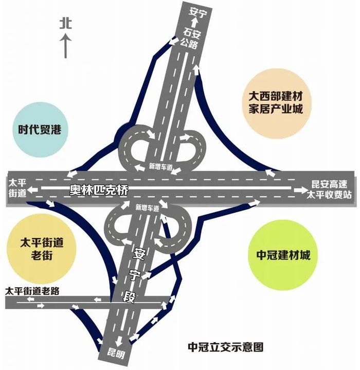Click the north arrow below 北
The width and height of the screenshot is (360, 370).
(65, 46)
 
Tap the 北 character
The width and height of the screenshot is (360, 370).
(65, 23)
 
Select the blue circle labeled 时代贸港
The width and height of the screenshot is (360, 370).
(39, 130)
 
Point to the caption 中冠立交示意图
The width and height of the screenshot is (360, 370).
(226, 347)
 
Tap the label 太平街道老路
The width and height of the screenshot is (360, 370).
(32, 291)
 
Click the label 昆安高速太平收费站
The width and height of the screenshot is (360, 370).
(329, 190)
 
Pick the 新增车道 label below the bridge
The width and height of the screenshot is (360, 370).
(145, 208)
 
